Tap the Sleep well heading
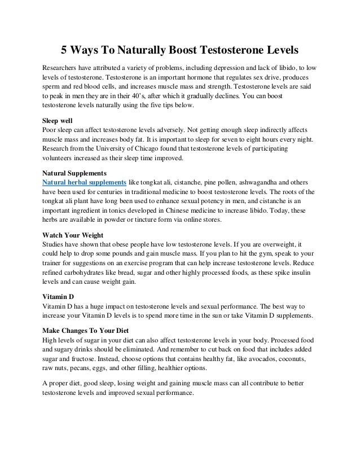tap(59, 120)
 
